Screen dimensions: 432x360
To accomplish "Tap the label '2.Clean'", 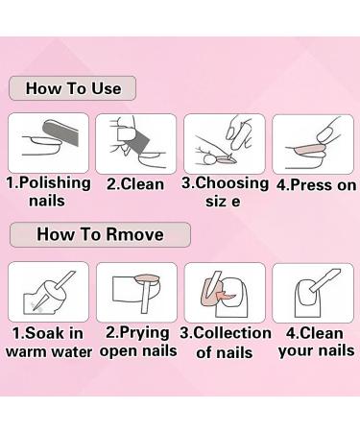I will point(135,183).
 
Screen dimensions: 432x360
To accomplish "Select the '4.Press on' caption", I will point(310,183).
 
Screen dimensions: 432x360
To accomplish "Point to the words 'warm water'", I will point(49,352).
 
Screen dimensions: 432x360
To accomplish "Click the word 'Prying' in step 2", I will point(145,332).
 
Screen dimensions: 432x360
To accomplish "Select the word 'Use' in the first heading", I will point(103,88).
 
